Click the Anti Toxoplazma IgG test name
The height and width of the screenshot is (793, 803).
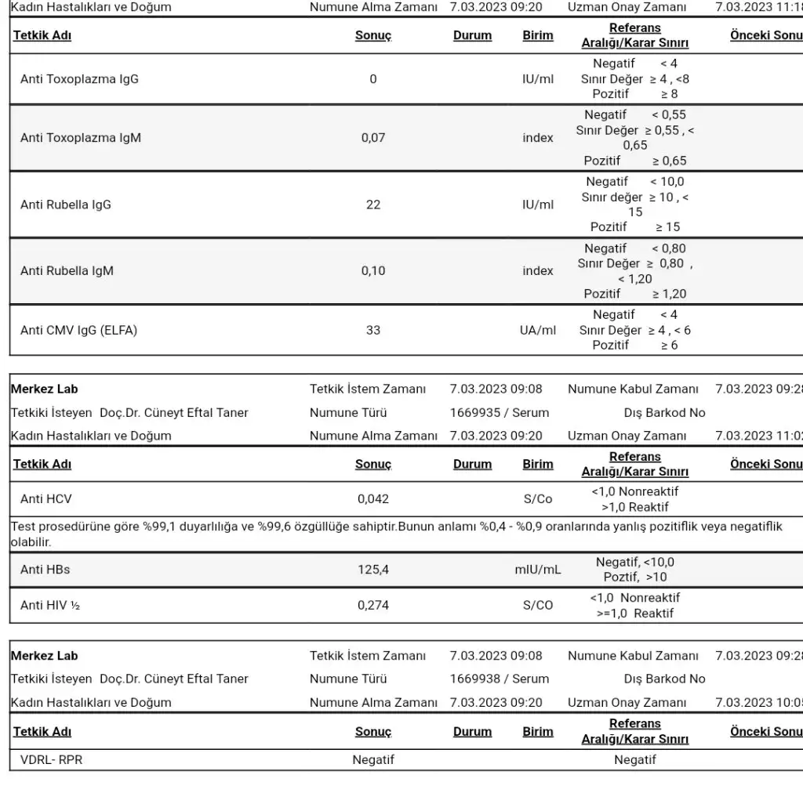pos(79,78)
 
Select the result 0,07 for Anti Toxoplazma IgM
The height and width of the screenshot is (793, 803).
pos(372,138)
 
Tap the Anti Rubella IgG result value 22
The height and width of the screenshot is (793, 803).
pos(372,205)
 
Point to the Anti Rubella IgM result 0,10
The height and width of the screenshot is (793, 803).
pos(372,271)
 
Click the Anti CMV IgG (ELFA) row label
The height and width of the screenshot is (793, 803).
pos(78,330)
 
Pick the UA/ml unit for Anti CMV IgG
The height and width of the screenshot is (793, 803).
pos(537,330)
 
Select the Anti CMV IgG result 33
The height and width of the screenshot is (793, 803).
pos(372,330)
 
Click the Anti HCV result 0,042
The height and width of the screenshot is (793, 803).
pos(372,498)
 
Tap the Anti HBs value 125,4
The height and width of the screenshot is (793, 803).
pos(372,570)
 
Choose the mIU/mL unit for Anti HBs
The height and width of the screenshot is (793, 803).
pos(537,570)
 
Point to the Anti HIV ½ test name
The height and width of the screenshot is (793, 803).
pos(50,605)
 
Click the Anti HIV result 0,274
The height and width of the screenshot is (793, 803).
pos(372,605)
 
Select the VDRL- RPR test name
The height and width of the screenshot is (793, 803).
pos(51,759)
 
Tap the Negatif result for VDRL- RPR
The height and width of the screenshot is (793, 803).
pos(372,759)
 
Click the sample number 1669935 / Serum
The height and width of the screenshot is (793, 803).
pos(500,412)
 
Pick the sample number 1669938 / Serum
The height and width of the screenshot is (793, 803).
pos(500,679)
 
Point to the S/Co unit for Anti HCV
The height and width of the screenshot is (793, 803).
pos(537,498)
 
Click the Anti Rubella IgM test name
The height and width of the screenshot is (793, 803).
pos(67,271)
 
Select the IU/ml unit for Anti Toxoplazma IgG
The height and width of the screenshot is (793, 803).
pos(537,78)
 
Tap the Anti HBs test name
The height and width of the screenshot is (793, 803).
pos(45,570)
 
